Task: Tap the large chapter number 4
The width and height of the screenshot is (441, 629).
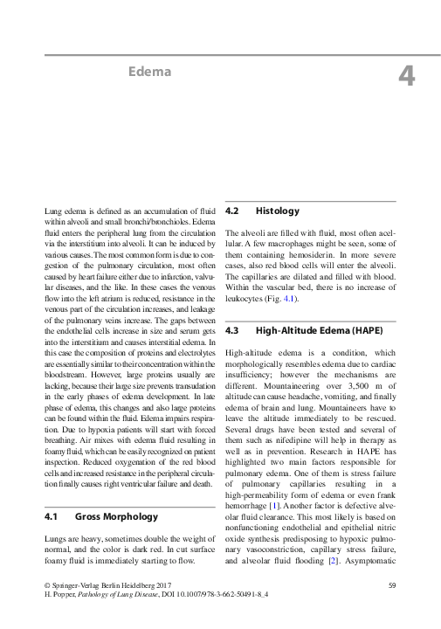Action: pos(406,76)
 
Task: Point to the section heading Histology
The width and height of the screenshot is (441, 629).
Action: pos(277,211)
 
